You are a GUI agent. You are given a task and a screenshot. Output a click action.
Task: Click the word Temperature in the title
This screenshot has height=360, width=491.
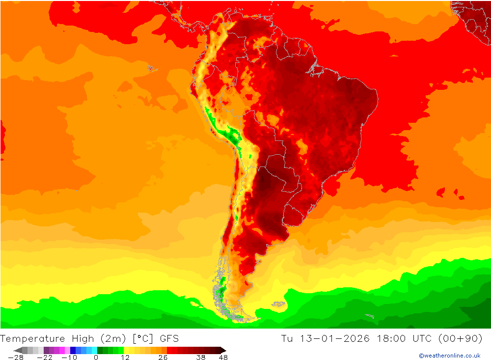(32, 338)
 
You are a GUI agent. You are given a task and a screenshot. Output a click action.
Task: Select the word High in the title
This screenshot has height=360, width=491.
(82, 338)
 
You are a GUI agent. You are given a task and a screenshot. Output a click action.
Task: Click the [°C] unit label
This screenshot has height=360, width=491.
(140, 338)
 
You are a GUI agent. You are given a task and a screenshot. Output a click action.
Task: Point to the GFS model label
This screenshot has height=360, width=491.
(168, 338)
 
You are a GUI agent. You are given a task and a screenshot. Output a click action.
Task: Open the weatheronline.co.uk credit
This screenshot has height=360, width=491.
(449, 356)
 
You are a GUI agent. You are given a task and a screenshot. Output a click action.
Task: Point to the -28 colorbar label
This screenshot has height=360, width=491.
(16, 358)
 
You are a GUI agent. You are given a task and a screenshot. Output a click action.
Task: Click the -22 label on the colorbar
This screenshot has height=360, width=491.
(45, 358)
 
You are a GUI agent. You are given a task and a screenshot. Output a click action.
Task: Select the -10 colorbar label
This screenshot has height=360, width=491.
(69, 358)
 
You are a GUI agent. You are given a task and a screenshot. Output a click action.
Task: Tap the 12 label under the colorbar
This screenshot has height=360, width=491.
(125, 358)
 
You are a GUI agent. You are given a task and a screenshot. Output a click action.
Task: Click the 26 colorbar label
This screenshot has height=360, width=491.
(163, 358)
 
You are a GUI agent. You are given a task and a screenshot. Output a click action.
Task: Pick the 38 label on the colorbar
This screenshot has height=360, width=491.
(200, 358)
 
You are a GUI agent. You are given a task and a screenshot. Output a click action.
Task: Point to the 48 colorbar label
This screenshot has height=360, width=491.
(223, 358)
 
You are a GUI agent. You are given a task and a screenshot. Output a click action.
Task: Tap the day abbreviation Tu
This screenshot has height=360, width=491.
(287, 338)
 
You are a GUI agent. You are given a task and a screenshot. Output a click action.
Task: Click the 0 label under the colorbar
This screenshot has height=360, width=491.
(96, 358)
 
